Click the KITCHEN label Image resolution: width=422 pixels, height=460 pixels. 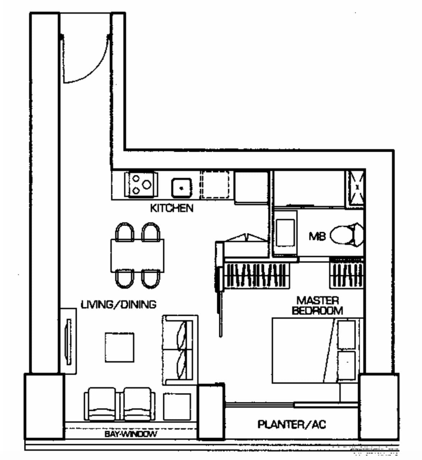(172, 208)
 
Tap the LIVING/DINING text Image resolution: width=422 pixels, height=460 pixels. (118, 305)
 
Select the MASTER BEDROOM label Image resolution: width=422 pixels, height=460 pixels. (317, 305)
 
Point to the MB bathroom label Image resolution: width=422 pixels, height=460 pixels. (317, 236)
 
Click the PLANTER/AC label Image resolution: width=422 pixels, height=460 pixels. (292, 424)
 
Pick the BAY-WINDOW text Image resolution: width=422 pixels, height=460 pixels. (131, 434)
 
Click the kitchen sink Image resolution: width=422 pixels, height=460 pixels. (182, 188)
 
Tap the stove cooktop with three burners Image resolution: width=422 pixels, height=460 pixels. (141, 184)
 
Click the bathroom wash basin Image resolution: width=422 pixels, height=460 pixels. (285, 233)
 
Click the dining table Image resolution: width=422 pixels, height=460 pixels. (137, 255)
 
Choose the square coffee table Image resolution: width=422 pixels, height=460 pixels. (119, 347)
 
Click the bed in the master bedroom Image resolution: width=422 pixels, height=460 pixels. (316, 350)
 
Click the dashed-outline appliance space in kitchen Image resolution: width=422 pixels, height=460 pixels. (215, 184)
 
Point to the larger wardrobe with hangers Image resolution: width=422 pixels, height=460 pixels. (256, 275)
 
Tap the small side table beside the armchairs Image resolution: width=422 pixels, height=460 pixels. (177, 406)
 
